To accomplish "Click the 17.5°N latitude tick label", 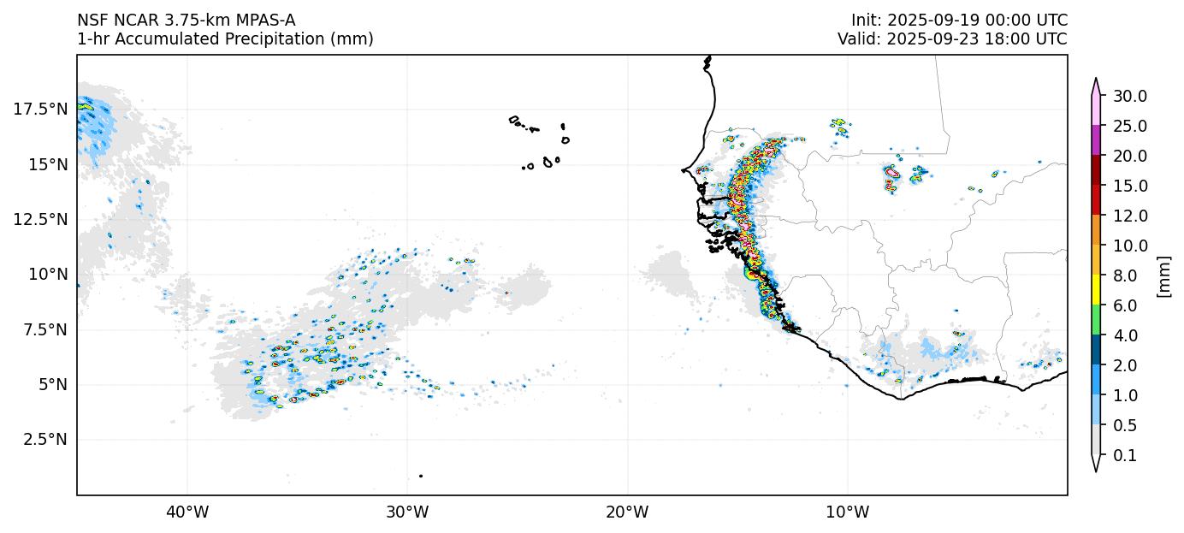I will [x=39, y=109].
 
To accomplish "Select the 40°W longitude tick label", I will [x=186, y=512].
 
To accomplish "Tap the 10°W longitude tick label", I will [x=848, y=512].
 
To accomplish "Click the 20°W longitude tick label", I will [x=627, y=512].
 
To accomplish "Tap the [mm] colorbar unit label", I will [x=1163, y=275].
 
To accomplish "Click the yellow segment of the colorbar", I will [x=1095, y=291].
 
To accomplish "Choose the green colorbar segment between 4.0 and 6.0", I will [x=1095, y=321].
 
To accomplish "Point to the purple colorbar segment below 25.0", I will [x=1095, y=140].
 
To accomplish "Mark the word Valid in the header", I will [x=857, y=38].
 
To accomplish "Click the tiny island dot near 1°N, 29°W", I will [x=421, y=476].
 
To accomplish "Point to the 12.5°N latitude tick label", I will [x=39, y=219].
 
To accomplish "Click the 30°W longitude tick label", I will [x=407, y=512].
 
